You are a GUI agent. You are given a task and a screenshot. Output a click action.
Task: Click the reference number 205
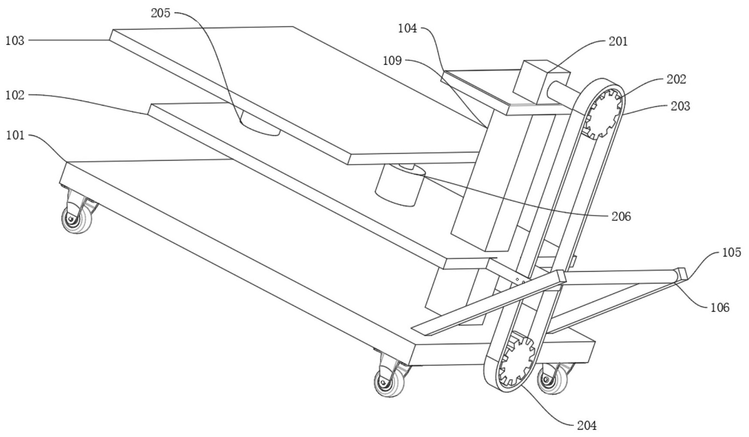161,13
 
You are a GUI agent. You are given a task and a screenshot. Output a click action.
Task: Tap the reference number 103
15,41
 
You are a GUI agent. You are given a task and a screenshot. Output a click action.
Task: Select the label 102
15,95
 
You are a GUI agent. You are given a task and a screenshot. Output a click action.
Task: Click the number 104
407,29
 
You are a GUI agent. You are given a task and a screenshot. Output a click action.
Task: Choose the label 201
618,42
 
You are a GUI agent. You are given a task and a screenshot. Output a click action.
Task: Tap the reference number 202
677,79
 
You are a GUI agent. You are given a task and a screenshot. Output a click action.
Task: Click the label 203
680,106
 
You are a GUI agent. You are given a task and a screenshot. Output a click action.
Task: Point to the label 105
732,253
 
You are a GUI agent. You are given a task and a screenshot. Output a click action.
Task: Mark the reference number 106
719,308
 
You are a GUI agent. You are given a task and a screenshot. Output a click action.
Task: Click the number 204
587,425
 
